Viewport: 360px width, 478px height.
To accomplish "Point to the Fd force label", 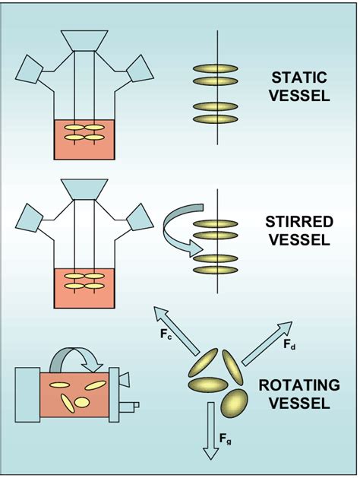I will [289, 344].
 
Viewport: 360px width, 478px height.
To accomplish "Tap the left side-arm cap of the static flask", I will [32, 69].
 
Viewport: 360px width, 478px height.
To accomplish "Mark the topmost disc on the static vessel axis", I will [218, 68].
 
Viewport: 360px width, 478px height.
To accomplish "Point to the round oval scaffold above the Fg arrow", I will [235, 403].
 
